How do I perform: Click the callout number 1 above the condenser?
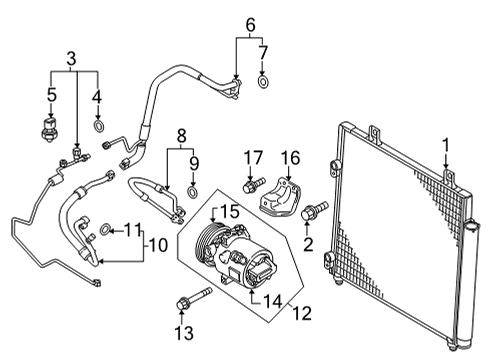[x=446, y=147]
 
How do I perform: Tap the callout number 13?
[x=184, y=332]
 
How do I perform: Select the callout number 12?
[x=302, y=313]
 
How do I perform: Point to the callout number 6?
[x=251, y=25]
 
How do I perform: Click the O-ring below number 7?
[x=263, y=82]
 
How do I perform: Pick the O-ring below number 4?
[x=98, y=126]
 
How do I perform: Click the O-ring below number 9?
[x=192, y=192]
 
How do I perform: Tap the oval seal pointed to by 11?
[x=105, y=229]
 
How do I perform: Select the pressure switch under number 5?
[x=49, y=129]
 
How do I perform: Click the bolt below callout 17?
[x=254, y=185]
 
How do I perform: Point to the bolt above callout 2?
[x=314, y=210]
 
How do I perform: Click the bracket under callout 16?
[x=280, y=197]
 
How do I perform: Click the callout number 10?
[x=158, y=246]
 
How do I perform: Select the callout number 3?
[x=71, y=58]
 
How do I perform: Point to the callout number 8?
[x=181, y=136]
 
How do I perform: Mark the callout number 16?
[x=290, y=158]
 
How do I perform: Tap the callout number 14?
[x=273, y=302]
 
